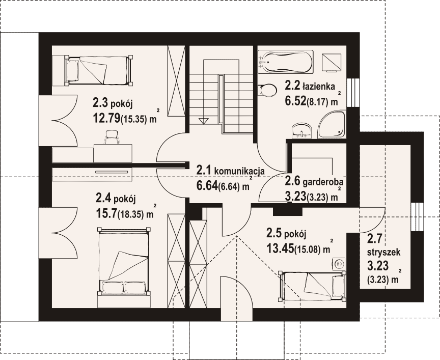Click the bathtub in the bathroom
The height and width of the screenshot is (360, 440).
[285, 62]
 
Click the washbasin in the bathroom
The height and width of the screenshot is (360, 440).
[302, 131]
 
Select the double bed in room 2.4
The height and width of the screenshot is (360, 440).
[123, 261]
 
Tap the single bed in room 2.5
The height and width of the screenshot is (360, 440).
[312, 286]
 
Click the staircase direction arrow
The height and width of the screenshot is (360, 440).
[203, 121]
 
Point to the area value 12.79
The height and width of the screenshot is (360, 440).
[106, 119]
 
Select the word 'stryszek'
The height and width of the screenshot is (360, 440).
[383, 252]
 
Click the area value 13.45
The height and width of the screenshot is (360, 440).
[280, 248]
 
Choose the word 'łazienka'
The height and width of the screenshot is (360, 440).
[318, 86]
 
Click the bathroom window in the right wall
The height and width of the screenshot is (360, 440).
[353, 92]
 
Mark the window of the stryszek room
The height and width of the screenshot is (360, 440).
[417, 216]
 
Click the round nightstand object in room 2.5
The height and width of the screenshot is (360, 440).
[339, 264]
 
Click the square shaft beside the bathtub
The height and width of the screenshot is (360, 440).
[332, 63]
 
